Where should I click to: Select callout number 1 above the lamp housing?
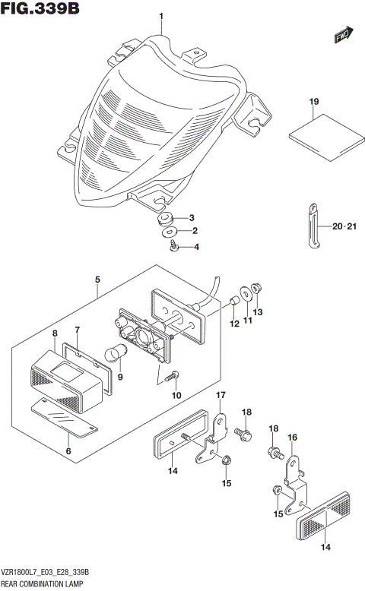pos(161,17)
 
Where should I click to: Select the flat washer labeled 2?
pos(170,231)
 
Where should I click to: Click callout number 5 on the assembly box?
pos(98,280)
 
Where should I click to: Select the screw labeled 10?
pos(174,375)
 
